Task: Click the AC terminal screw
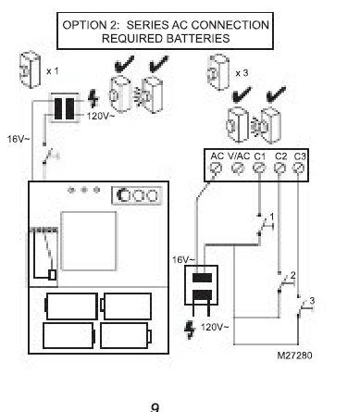(216, 169)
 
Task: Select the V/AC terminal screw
(238, 169)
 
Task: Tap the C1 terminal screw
(258, 169)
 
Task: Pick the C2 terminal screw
(279, 169)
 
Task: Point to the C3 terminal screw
(298, 169)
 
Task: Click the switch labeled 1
(265, 225)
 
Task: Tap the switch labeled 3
(304, 306)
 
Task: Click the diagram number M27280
(294, 356)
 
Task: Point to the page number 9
(155, 407)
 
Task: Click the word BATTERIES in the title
(197, 39)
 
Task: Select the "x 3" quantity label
(242, 73)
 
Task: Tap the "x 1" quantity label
(53, 71)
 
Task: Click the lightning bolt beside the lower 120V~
(190, 330)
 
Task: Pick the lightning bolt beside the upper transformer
(93, 99)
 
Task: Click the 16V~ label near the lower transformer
(183, 260)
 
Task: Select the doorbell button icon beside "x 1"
(30, 70)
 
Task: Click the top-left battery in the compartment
(71, 306)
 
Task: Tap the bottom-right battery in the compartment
(126, 336)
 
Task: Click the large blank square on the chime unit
(89, 241)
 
